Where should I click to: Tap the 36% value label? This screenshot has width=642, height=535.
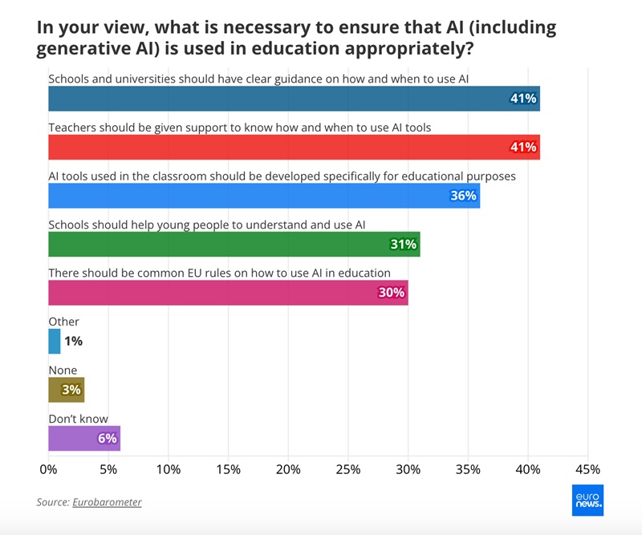click(463, 195)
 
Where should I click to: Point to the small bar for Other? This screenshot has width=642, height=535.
click(54, 341)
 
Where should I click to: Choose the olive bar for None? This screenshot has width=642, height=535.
click(66, 390)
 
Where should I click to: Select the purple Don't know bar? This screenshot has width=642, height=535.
click(83, 438)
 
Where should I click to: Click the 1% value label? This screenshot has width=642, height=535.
click(73, 341)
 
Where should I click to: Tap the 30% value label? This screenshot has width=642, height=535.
click(391, 292)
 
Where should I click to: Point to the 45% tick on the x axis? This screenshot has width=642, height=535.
click(587, 468)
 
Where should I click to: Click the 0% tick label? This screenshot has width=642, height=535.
click(48, 468)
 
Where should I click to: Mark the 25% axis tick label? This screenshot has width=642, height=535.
click(348, 468)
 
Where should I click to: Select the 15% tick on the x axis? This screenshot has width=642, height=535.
click(228, 468)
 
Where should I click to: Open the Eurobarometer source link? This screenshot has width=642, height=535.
click(107, 502)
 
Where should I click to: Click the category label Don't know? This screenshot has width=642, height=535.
click(78, 419)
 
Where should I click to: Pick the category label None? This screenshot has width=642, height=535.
click(63, 371)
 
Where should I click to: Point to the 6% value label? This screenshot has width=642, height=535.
click(108, 438)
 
